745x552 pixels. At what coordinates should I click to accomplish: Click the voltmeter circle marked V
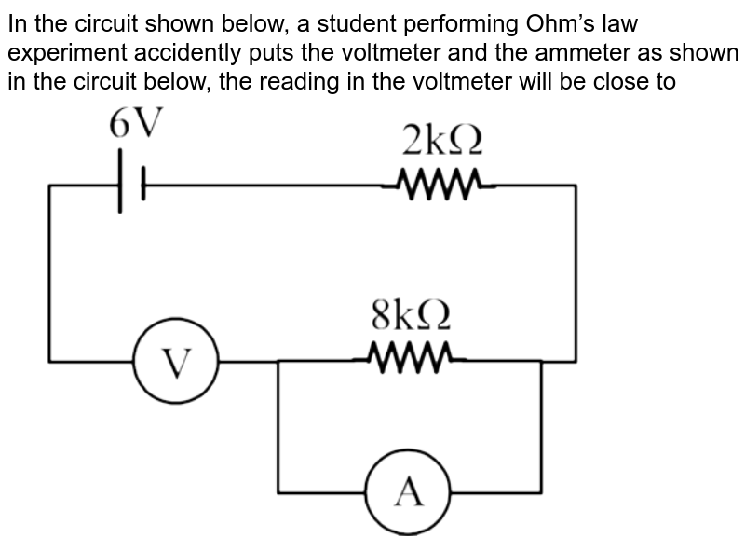coord(177,360)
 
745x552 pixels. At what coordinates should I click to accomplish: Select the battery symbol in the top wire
coord(131,186)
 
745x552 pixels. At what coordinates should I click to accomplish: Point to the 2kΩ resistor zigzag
coord(438,185)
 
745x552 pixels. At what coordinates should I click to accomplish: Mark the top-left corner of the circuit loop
coord(49,186)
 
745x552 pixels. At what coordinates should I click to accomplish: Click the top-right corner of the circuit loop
coord(576,186)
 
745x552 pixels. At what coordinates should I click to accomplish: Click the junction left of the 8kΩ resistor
coord(278,359)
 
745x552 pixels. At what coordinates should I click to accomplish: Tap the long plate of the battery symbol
coord(120,186)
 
